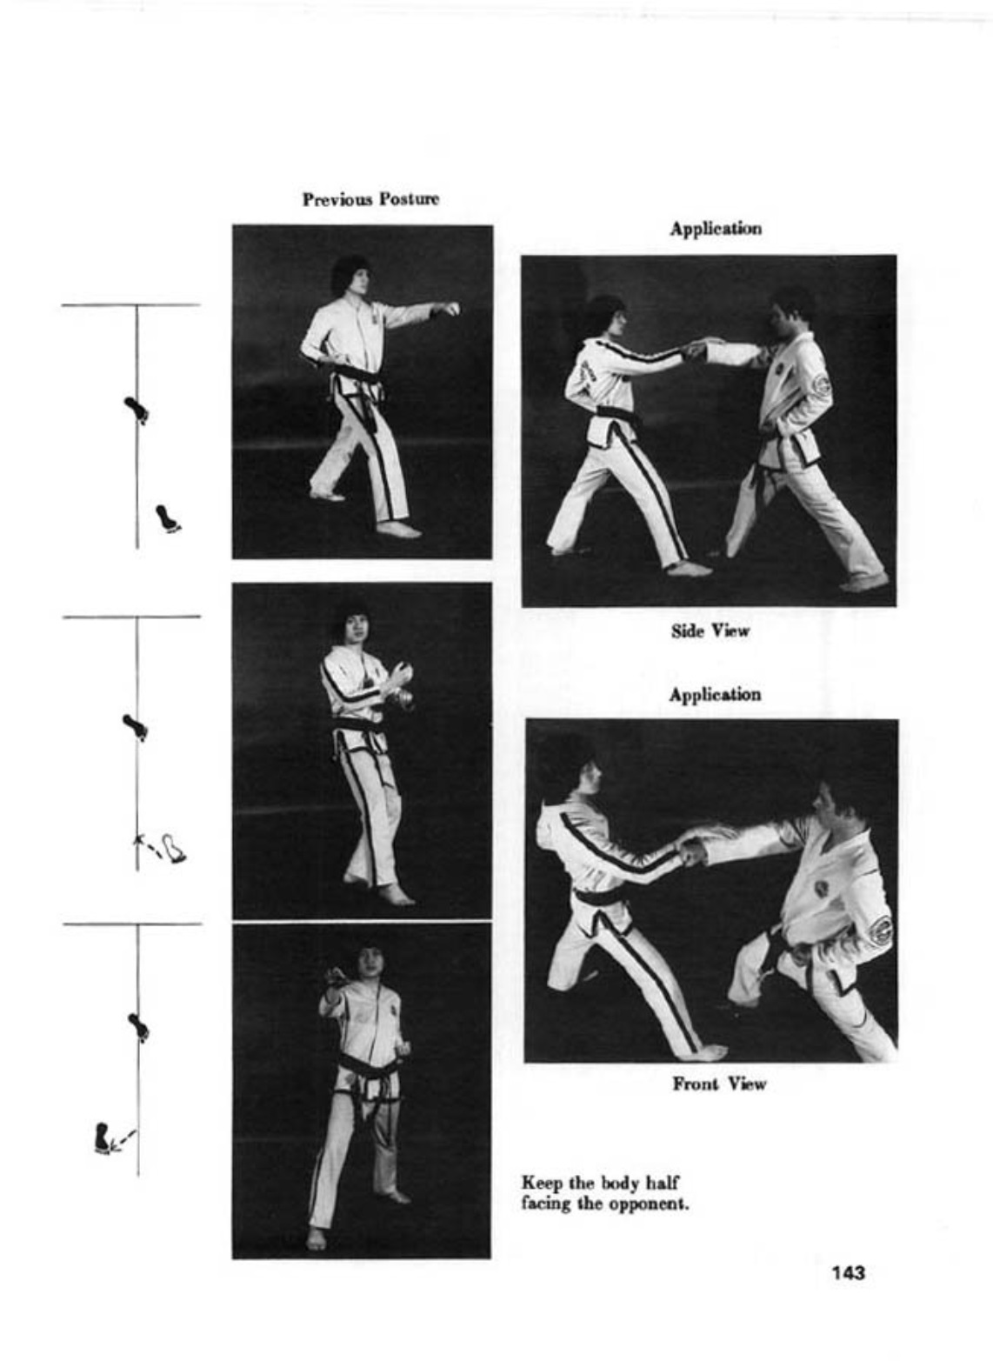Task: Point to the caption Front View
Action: point(719,1084)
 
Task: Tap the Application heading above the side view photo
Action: point(716,229)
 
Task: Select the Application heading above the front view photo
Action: point(716,694)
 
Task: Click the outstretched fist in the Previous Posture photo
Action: point(451,308)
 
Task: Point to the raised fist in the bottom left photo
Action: point(334,977)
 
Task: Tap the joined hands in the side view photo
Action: point(698,350)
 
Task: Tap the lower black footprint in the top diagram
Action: point(168,519)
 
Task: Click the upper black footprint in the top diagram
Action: point(137,410)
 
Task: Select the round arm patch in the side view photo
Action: point(822,384)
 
